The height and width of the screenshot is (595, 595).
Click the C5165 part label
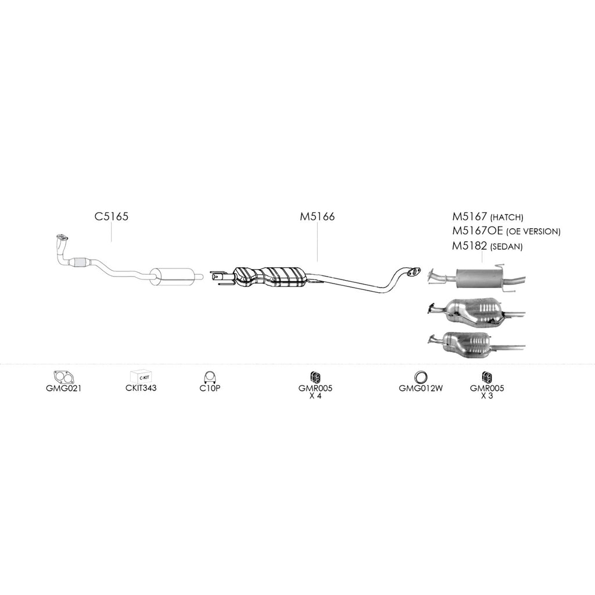pos(112,216)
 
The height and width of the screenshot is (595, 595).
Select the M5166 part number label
pos(317,217)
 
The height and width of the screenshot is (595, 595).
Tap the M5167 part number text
pos(469,217)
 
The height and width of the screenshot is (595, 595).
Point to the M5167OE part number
pos(478,231)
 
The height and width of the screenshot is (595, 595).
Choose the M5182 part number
pos(469,246)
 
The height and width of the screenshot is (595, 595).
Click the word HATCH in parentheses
pos(507,218)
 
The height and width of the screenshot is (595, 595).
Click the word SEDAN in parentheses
pos(507,247)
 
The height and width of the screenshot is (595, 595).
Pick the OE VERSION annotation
pos(533,231)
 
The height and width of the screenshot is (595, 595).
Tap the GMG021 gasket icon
pos(64,377)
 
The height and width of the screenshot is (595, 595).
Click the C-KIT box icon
pos(141,377)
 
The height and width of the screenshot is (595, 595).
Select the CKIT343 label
pos(141,388)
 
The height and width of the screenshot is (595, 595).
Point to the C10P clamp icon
pos(209,377)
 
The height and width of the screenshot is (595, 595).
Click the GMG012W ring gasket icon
pos(421,378)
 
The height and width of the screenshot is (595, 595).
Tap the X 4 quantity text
pos(316,396)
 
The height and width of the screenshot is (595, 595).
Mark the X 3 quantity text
pos(487,396)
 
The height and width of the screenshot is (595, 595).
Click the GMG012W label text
pos(421,388)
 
